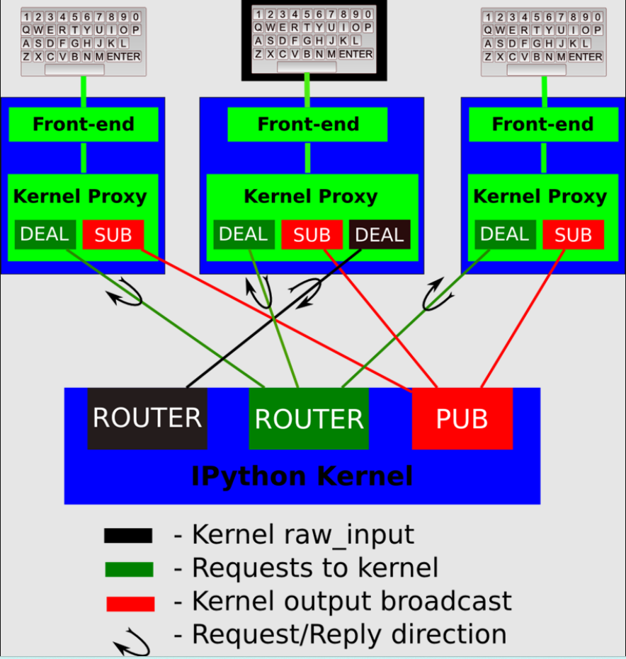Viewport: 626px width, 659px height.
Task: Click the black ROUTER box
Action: pyautogui.click(x=147, y=418)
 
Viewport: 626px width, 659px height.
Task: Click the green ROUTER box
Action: pyautogui.click(x=309, y=419)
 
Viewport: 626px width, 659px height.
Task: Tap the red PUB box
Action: pyautogui.click(x=462, y=418)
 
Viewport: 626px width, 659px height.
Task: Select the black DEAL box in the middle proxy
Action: pyautogui.click(x=380, y=235)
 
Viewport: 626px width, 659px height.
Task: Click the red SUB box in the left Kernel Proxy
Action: pyautogui.click(x=113, y=235)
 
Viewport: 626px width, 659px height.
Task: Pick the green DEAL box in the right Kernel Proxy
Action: pyautogui.click(x=504, y=234)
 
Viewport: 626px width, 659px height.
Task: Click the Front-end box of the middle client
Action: pyautogui.click(x=307, y=125)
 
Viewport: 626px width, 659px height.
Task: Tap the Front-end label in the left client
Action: pyautogui.click(x=84, y=125)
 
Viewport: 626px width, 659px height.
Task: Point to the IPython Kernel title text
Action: pyautogui.click(x=302, y=476)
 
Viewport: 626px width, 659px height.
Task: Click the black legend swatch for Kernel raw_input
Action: pyautogui.click(x=128, y=536)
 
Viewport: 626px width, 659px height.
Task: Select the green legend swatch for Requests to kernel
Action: pyautogui.click(x=129, y=569)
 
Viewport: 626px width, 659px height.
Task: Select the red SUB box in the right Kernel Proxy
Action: pyautogui.click(x=573, y=235)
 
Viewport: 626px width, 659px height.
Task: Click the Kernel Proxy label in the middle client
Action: pyautogui.click(x=310, y=197)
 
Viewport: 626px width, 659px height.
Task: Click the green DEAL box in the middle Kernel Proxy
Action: pyautogui.click(x=244, y=234)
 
